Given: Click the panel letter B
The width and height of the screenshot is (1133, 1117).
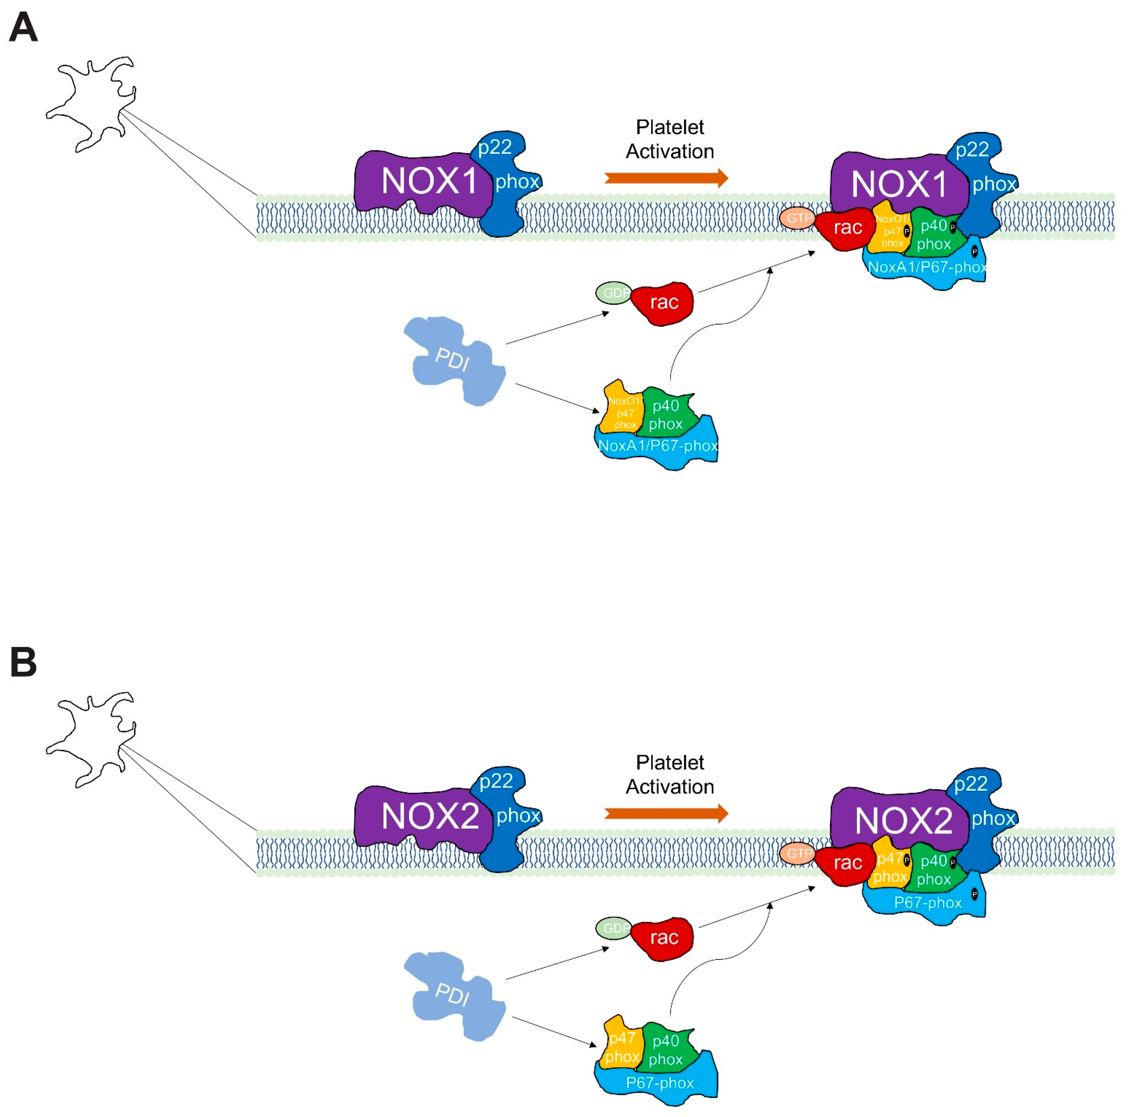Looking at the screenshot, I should (23, 663).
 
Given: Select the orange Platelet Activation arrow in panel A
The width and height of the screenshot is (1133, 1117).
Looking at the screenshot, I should (666, 178).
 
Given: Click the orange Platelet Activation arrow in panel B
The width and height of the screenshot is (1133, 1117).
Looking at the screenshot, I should (666, 813).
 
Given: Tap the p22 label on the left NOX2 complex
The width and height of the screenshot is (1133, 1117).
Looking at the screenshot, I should (496, 781).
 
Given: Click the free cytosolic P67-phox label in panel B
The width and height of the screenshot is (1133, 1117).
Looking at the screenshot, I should (660, 1083).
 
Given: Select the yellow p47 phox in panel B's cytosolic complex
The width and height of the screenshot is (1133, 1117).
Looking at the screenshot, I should (621, 1047).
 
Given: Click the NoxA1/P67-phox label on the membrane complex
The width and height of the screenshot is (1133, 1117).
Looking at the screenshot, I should (927, 268).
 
